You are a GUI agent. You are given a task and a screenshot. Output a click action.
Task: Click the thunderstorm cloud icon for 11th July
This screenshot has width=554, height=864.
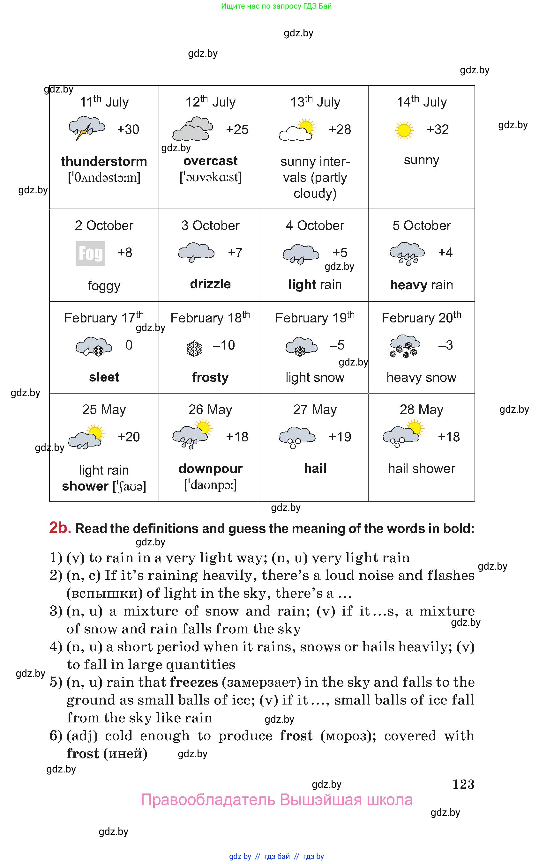[87, 128]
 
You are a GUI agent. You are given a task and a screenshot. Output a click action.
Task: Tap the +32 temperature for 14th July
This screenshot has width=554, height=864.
[438, 129]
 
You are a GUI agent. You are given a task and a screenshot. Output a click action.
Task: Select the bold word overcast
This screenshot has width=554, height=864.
[210, 161]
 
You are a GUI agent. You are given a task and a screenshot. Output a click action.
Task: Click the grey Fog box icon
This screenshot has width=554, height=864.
[91, 254]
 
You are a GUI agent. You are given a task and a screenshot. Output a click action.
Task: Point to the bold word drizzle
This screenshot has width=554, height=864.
[210, 284]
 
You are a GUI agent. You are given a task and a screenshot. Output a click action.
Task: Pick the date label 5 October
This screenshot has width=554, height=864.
[421, 225]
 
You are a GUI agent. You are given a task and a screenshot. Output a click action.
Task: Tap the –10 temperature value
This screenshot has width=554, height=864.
[223, 345]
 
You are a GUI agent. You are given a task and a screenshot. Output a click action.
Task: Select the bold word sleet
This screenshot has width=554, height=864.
[104, 377]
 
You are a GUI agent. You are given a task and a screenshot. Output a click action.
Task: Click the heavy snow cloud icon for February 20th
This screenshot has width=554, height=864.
[405, 346]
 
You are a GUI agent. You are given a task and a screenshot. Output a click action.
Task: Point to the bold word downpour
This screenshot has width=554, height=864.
[210, 469]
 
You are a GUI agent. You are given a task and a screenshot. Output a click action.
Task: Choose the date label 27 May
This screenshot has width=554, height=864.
[315, 410]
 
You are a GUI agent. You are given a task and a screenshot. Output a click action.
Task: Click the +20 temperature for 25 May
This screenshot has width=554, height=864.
[128, 437]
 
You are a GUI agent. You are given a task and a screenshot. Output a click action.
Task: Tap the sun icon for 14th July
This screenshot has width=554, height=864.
[404, 130]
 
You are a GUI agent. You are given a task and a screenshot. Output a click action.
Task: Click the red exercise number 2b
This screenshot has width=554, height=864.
[60, 528]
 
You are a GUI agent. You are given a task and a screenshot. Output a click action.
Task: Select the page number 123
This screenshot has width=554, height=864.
[463, 784]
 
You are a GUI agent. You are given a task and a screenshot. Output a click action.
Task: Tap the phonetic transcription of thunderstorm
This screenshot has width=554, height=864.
[104, 177]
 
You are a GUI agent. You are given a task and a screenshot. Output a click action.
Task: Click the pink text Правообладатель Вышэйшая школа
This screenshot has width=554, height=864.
[276, 800]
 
